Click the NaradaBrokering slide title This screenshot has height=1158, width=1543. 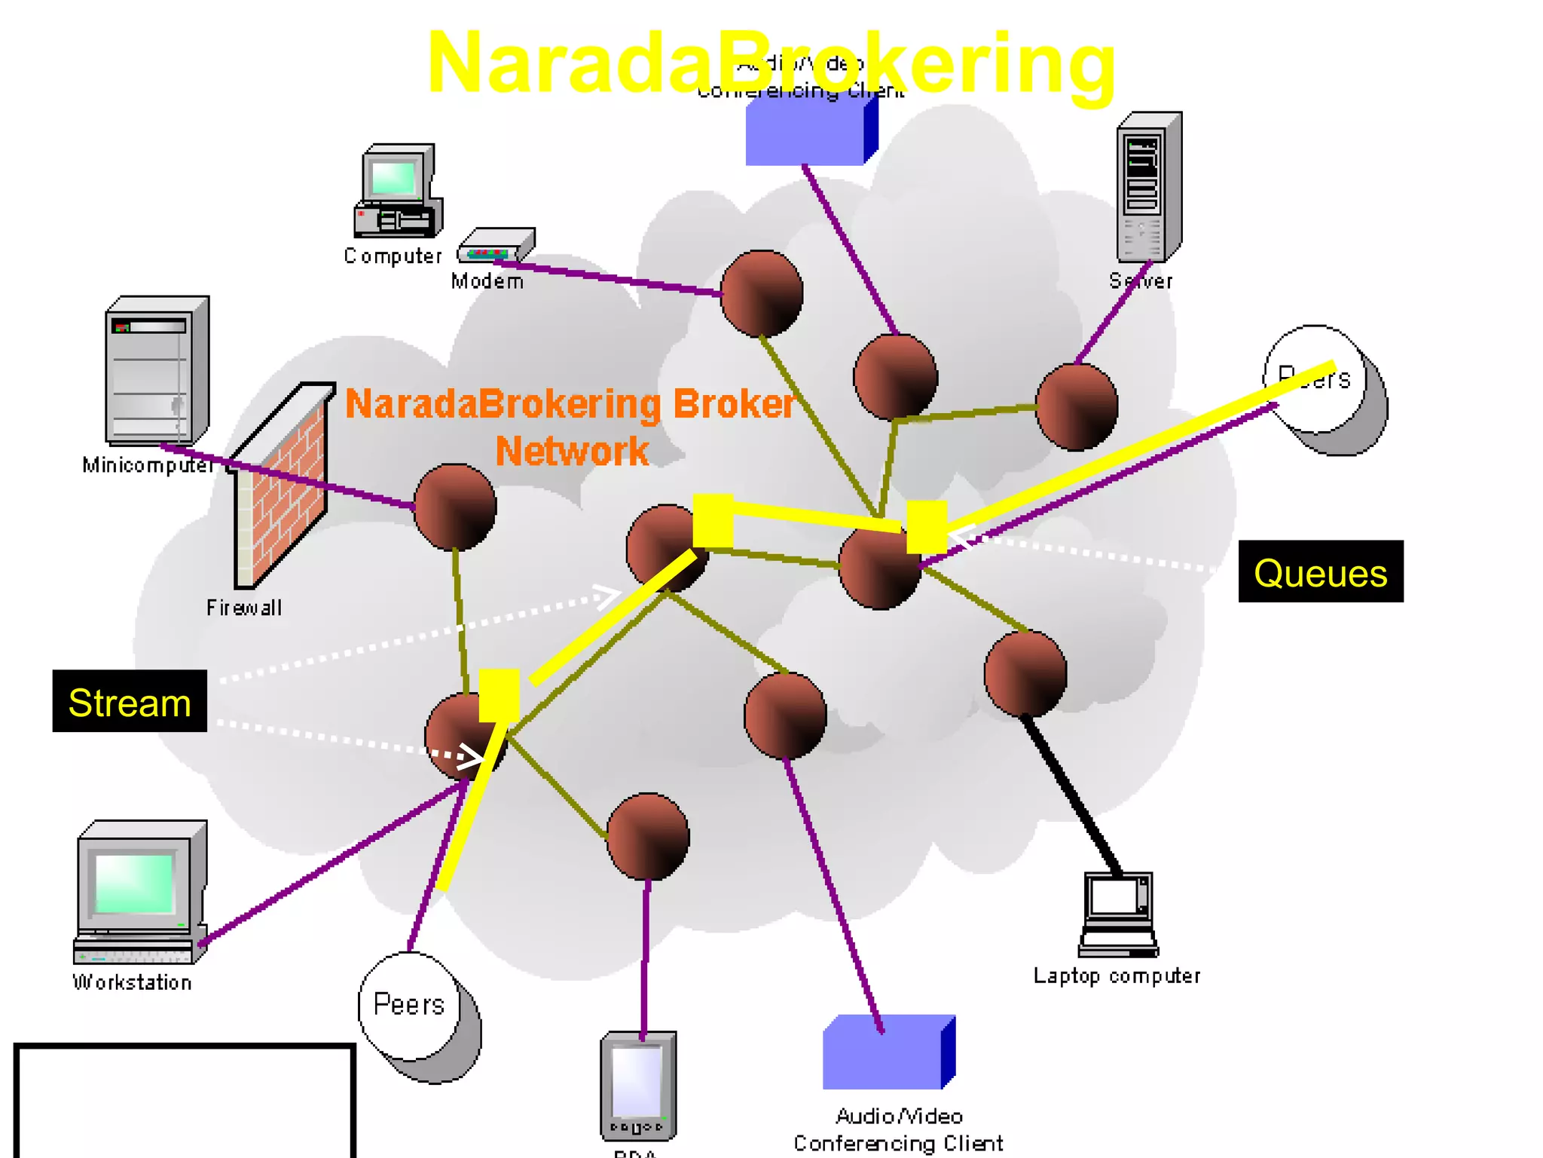770,64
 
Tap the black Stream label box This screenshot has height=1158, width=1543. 130,701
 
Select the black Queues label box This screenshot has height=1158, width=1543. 1320,571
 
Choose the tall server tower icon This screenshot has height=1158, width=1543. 1148,187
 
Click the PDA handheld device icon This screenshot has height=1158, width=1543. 638,1086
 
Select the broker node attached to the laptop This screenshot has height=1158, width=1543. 1025,673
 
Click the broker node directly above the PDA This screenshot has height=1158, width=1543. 647,836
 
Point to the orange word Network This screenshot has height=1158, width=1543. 572,451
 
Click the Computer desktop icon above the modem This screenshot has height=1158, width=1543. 398,191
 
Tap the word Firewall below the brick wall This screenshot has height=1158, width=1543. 243,608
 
